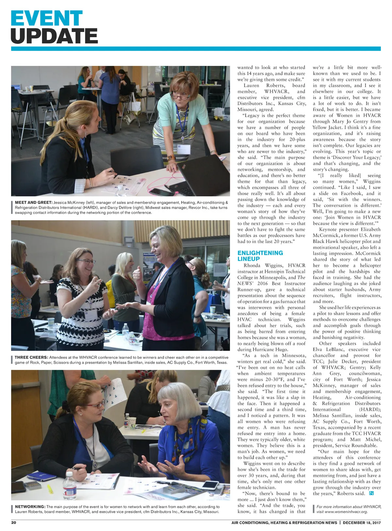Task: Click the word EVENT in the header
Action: pos(47,18)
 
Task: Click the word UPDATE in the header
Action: pos(54,36)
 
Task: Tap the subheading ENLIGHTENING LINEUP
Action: pos(260,256)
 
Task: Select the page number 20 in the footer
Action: pos(14,523)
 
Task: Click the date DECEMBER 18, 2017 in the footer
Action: pos(362,523)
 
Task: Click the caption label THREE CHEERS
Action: pos(31,357)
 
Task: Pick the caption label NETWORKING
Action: pos(30,507)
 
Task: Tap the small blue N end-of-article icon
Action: pos(371,493)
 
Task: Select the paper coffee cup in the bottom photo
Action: pos(131,423)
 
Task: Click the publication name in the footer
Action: pos(284,523)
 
